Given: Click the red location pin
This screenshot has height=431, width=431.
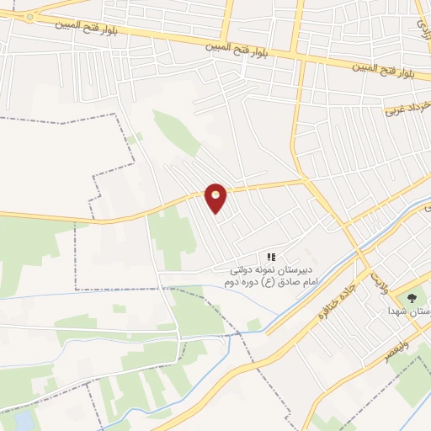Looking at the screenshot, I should (216, 197).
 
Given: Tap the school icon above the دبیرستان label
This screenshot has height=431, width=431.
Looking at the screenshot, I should (271, 256).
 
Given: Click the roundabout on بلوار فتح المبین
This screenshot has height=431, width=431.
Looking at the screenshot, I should (29, 16).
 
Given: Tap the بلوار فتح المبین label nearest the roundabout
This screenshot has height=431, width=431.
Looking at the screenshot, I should (75, 26).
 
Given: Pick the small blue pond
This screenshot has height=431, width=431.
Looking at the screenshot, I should (25, 419).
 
